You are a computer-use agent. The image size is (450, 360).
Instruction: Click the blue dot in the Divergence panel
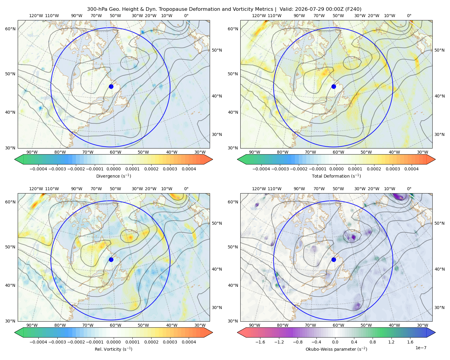111,86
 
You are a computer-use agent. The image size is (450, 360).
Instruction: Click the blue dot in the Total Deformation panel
334,86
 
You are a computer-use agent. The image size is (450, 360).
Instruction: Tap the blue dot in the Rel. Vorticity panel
111,259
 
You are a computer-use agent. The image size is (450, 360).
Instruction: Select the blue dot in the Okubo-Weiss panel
334,259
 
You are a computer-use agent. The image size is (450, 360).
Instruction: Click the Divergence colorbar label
113,176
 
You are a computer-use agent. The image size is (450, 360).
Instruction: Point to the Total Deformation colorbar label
336,176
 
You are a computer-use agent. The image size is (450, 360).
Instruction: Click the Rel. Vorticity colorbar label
113,349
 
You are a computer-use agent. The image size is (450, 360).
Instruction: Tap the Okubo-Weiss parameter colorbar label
336,349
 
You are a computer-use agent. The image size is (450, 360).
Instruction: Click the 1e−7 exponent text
421,348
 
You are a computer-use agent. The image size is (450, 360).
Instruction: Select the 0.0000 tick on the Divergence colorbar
113,169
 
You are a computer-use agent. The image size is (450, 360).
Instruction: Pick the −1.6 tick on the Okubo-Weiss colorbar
260,342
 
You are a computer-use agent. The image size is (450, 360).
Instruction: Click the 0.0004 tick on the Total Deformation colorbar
412,169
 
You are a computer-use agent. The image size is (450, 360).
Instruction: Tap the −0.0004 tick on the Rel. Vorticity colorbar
38,342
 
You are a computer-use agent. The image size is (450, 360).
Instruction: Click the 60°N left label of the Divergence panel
10,29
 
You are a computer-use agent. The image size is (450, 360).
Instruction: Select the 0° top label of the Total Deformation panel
409,16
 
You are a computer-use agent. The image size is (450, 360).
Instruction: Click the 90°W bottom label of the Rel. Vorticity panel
32,325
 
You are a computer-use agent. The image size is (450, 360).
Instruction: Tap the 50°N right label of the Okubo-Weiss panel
439,223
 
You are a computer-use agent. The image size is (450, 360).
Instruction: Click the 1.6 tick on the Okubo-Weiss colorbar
410,342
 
